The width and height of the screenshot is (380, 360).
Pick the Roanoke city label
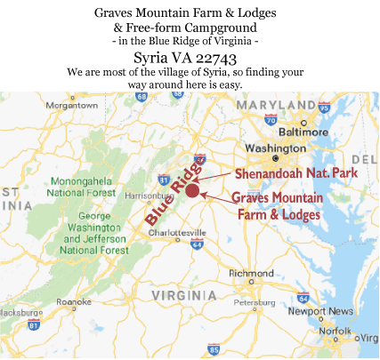pyautogui.click(x=73, y=301)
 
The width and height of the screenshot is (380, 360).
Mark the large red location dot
pyautogui.click(x=192, y=190)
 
